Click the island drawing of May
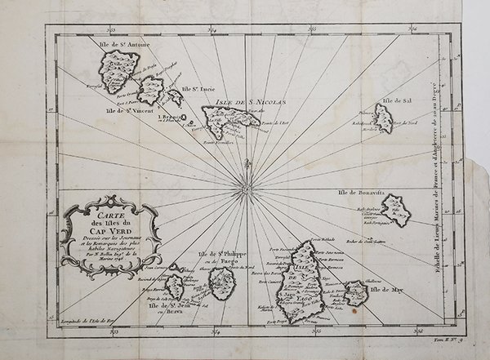[355, 292]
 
